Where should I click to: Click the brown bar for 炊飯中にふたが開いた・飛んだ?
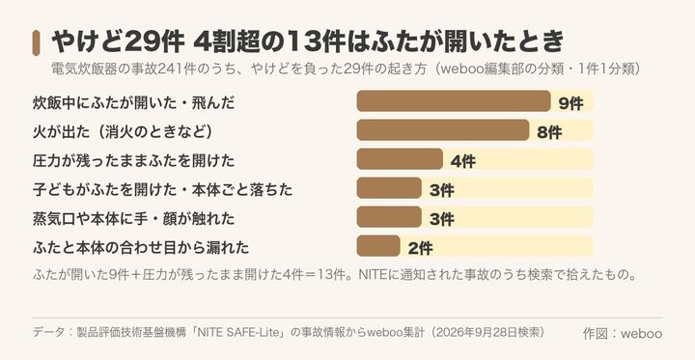tap(454, 101)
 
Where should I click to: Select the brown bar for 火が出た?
tap(443, 130)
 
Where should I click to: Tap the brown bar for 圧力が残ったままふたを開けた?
tap(400, 159)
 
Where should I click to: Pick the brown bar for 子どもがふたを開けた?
tap(389, 188)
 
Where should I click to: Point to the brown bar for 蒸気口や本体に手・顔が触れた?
tap(389, 217)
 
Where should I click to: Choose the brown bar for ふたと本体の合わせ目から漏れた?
tap(378, 246)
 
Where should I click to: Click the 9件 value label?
tap(570, 103)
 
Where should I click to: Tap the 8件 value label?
tap(549, 132)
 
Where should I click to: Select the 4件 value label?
tap(462, 161)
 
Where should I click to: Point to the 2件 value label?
tap(420, 248)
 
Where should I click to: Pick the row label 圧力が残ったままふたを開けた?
tap(133, 161)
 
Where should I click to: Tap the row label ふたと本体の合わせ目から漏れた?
tap(141, 248)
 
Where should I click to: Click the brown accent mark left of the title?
tap(37, 43)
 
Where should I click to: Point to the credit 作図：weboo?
tap(623, 333)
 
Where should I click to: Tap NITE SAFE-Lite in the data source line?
tap(239, 333)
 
